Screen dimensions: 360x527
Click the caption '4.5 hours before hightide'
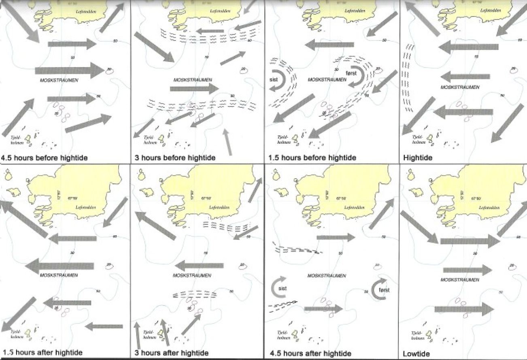[45, 158]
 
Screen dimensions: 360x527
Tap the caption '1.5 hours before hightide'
[312, 158]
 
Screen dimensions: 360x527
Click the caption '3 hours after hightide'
[171, 352]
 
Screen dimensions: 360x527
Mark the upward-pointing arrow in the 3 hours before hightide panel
[228, 143]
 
